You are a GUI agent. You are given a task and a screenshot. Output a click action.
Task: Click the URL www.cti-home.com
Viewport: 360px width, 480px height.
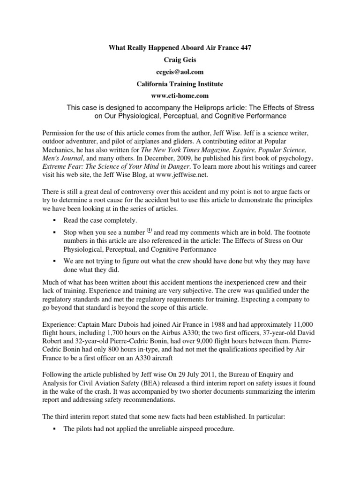180,96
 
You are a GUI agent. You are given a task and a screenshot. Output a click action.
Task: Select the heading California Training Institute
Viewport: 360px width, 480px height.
180,84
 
